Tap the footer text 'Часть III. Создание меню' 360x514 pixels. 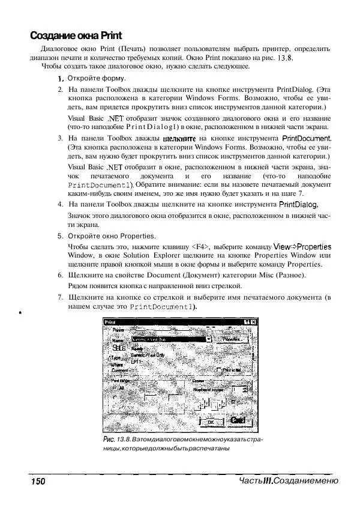(x=287, y=481)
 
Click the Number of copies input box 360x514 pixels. (x=239, y=389)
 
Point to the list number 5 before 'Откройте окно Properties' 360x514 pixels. (x=60, y=236)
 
